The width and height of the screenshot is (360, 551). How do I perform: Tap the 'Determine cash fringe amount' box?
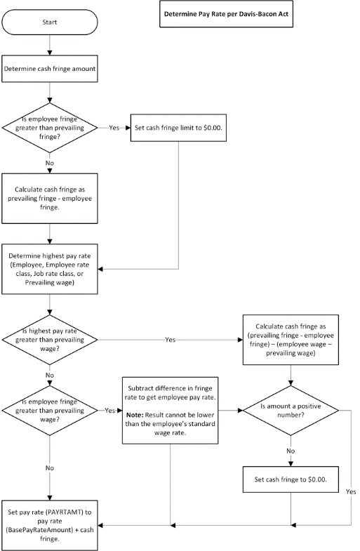point(50,69)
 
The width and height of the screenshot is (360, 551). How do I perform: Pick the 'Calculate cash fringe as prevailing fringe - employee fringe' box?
point(50,198)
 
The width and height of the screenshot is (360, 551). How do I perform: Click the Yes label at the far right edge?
point(350,492)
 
